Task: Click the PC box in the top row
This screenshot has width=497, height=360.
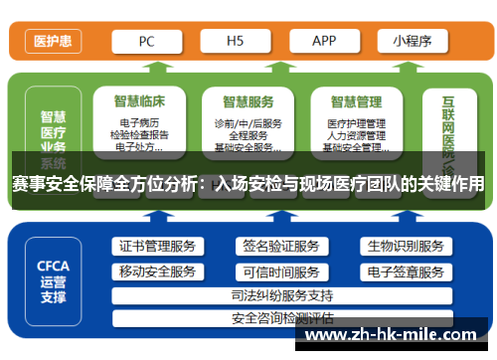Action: click(x=147, y=42)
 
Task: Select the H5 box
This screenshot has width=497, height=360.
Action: click(x=236, y=42)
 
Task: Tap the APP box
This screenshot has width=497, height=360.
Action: click(x=323, y=42)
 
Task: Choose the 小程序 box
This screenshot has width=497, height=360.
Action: click(x=412, y=42)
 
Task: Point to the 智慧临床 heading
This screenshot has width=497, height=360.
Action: click(x=140, y=100)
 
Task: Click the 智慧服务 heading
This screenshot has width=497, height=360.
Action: click(x=248, y=100)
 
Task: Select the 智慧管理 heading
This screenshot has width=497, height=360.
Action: click(x=356, y=100)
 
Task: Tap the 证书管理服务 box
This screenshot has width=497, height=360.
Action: click(x=157, y=247)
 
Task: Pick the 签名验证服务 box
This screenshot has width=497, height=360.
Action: click(x=280, y=247)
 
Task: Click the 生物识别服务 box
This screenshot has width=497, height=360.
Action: click(x=405, y=247)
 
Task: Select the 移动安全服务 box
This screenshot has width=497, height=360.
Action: click(x=157, y=271)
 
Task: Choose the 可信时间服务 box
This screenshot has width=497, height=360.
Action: click(x=280, y=271)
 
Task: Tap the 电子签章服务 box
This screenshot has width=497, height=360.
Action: click(x=405, y=271)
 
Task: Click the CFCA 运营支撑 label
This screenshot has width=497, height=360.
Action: click(x=53, y=279)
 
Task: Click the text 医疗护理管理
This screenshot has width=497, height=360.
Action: click(x=356, y=123)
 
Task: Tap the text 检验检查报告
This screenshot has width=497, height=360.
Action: click(x=140, y=135)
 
